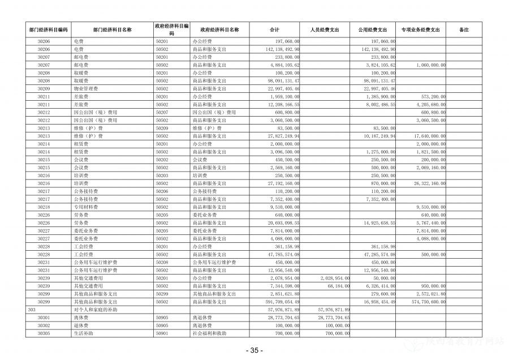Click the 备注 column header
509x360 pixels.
pyautogui.click(x=464, y=29)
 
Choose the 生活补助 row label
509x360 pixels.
pyautogui.click(x=82, y=333)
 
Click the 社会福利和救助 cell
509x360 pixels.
pyautogui.click(x=209, y=333)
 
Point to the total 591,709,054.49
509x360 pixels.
pyautogui.click(x=279, y=302)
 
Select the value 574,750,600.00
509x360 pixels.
pyautogui.click(x=426, y=302)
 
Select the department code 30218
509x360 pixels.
pyautogui.click(x=44, y=207)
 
